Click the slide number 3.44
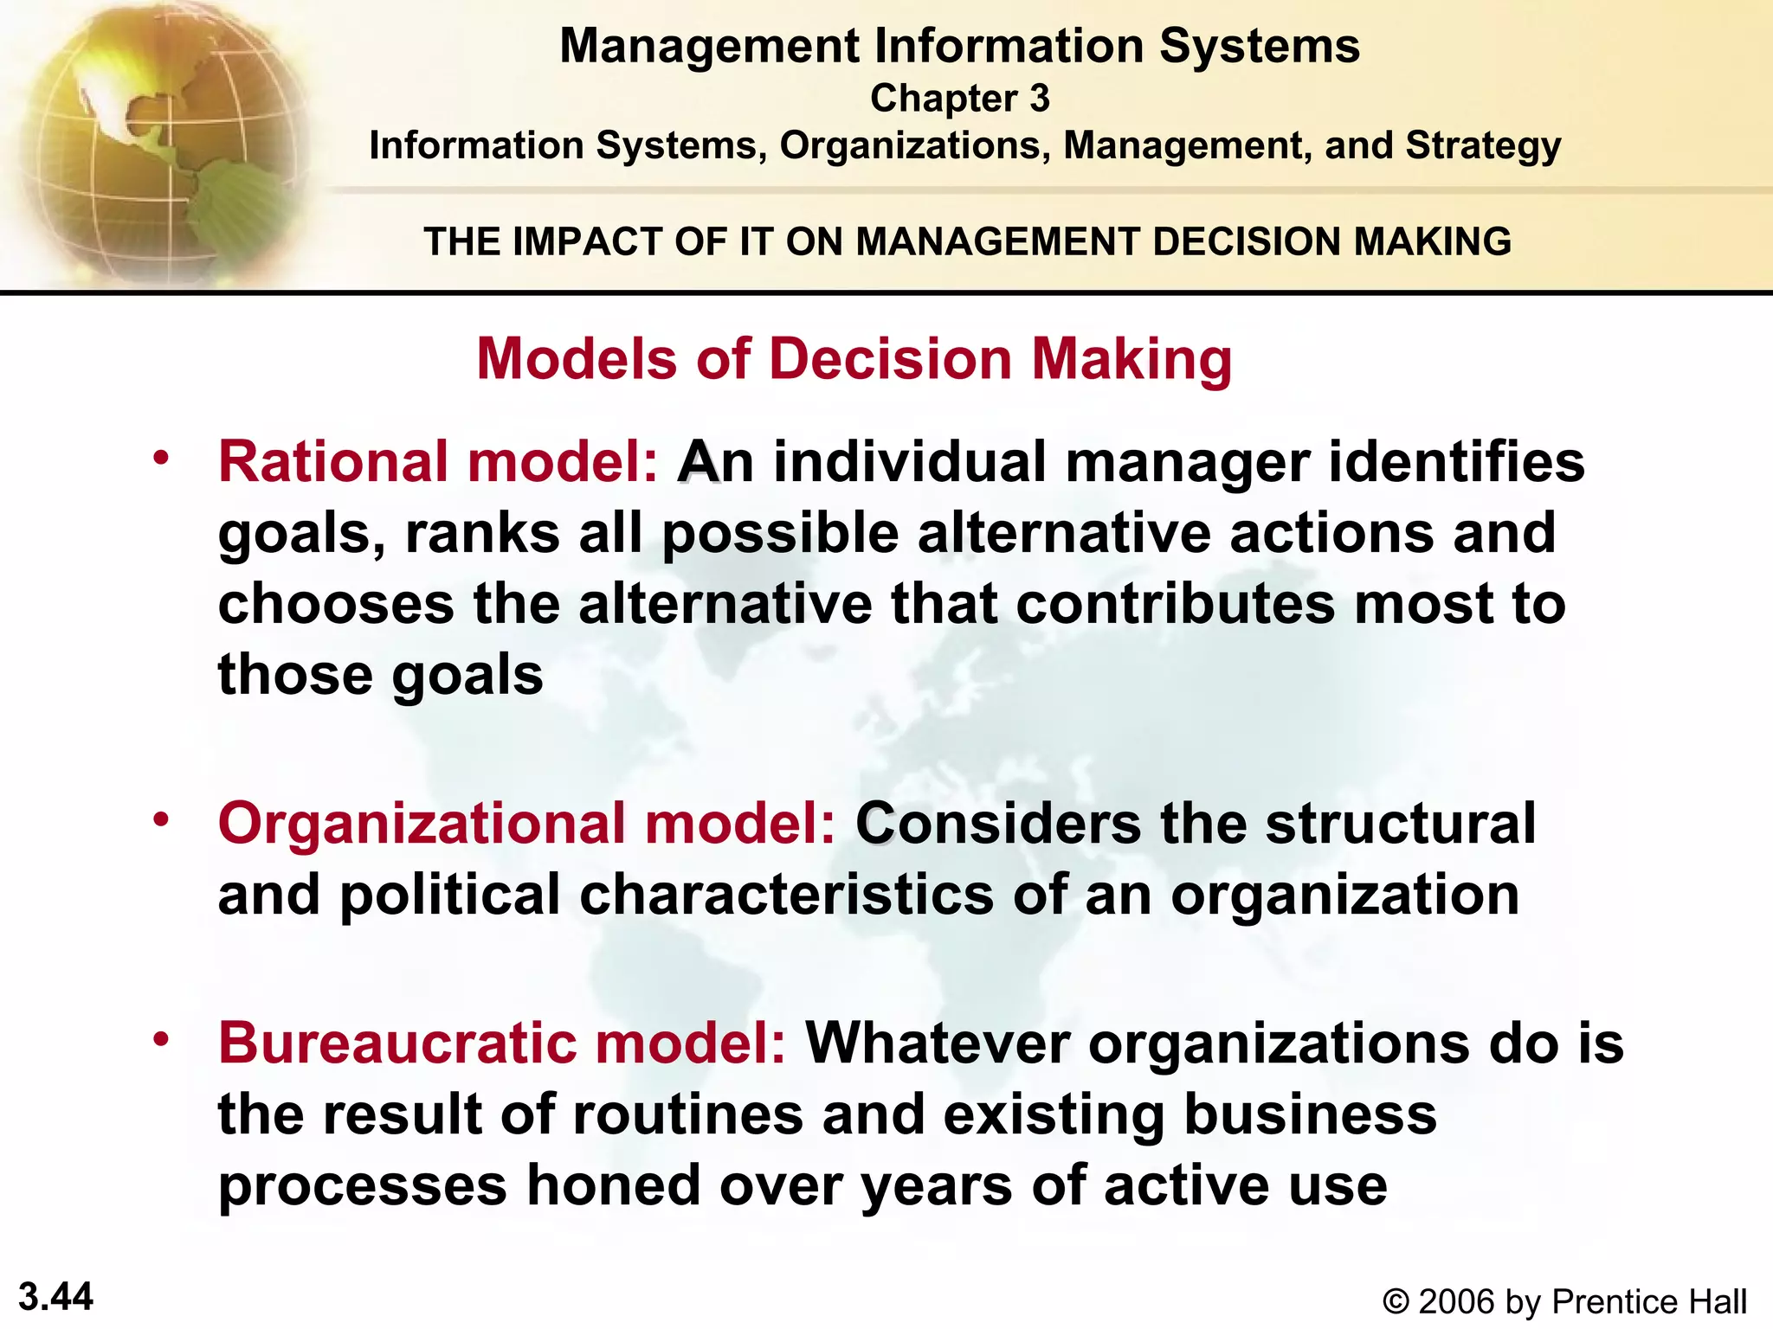click(55, 1297)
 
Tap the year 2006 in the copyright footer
click(1457, 1302)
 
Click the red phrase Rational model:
click(438, 462)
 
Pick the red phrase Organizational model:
click(526, 823)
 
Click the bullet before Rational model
click(160, 459)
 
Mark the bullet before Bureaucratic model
click(160, 1039)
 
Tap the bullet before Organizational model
click(160, 819)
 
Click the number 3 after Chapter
click(1039, 99)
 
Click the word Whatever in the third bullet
click(938, 1043)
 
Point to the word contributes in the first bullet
click(1175, 604)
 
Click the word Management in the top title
click(709, 46)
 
